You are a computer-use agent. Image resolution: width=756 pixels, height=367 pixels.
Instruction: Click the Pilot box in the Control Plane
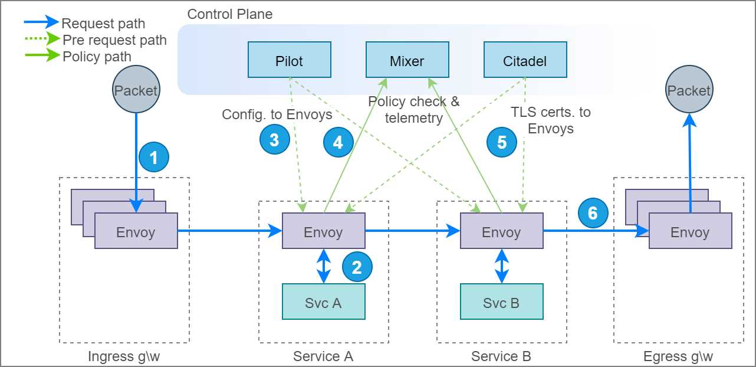[x=289, y=60]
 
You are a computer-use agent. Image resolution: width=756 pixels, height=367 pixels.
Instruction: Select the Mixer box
[x=407, y=60]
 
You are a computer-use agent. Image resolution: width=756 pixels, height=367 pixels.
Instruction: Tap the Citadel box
[x=525, y=60]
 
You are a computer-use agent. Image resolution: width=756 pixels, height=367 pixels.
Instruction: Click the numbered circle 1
[x=154, y=158]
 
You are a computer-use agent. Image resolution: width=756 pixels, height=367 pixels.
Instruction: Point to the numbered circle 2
[x=357, y=267]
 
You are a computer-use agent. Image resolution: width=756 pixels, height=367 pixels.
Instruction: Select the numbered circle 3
[x=274, y=140]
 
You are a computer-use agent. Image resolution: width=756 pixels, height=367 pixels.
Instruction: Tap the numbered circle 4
[x=338, y=143]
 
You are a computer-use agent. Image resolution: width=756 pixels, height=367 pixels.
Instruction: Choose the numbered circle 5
[x=502, y=142]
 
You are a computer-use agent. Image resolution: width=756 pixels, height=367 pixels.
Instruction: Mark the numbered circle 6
[x=593, y=212]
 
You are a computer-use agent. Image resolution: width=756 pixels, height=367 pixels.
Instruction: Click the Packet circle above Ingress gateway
[x=136, y=90]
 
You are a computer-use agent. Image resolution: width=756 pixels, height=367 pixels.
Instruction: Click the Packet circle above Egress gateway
[x=689, y=90]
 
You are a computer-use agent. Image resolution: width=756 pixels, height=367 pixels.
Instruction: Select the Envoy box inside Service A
[x=323, y=231]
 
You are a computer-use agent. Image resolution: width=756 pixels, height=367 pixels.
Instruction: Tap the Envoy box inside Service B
[x=501, y=231]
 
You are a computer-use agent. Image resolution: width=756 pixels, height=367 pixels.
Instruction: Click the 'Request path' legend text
[x=103, y=24]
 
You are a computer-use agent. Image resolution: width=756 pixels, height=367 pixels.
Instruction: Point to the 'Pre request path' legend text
[x=114, y=40]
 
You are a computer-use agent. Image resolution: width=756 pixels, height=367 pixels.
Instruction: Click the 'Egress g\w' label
[x=678, y=356]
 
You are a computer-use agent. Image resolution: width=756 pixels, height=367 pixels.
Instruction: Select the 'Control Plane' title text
[x=230, y=14]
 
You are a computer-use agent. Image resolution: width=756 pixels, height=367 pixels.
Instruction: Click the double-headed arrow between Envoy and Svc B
[x=501, y=266]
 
